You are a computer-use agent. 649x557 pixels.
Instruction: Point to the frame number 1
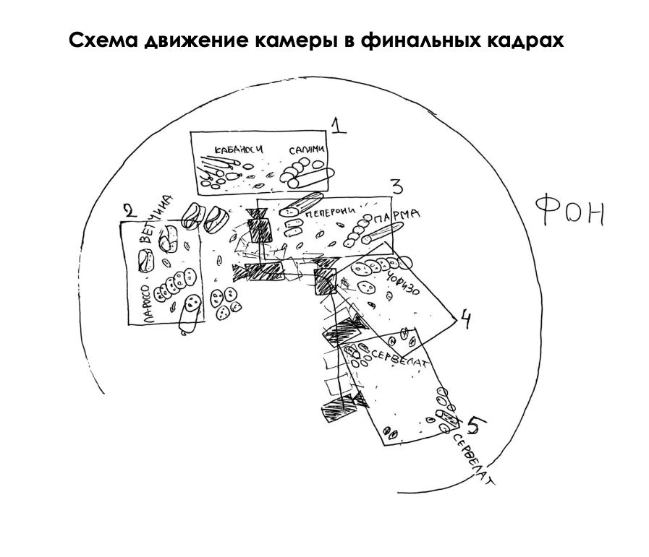click(339, 126)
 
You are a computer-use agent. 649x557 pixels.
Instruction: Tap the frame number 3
click(396, 186)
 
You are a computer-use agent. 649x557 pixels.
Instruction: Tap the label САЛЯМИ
click(305, 149)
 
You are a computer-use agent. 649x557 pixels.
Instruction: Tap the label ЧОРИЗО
click(414, 278)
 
